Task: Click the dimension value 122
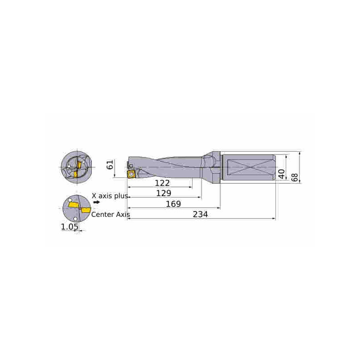coord(162,183)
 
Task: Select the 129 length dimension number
coord(163,193)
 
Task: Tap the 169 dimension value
coord(173,204)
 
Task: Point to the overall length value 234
coord(200,214)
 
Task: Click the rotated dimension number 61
coord(110,165)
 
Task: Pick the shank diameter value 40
coord(282,174)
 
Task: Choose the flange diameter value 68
coord(295,177)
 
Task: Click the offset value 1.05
coord(69,227)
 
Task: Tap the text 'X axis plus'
coord(110,196)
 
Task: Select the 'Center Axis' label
coord(110,215)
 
